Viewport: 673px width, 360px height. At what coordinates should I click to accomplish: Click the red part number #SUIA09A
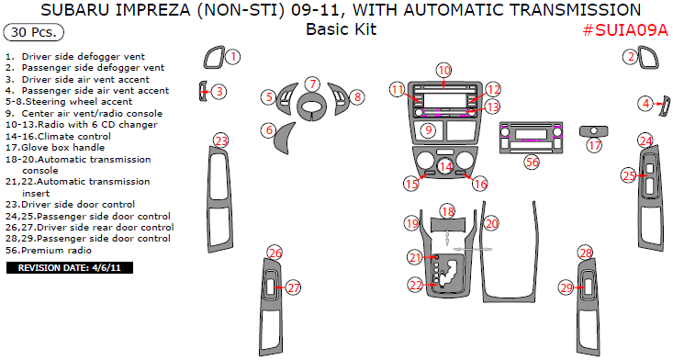pyautogui.click(x=625, y=30)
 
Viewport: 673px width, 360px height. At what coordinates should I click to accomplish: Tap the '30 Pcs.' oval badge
pyautogui.click(x=33, y=32)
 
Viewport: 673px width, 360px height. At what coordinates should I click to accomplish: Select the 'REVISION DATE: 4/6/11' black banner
pyautogui.click(x=70, y=268)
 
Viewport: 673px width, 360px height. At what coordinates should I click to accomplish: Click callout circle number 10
pyautogui.click(x=443, y=71)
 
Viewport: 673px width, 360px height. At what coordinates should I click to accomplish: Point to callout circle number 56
pyautogui.click(x=533, y=162)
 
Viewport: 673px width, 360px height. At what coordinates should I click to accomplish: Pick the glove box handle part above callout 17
pyautogui.click(x=594, y=131)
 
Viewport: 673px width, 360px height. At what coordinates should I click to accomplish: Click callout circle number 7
pyautogui.click(x=313, y=84)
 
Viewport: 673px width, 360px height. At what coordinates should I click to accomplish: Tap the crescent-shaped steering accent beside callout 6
pyautogui.click(x=285, y=138)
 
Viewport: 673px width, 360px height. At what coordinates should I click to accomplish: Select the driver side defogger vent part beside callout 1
pyautogui.click(x=214, y=57)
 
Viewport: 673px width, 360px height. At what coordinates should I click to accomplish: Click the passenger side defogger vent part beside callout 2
pyautogui.click(x=647, y=58)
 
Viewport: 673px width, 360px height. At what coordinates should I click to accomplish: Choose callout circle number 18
pyautogui.click(x=448, y=211)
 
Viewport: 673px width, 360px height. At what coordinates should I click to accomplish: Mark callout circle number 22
pyautogui.click(x=416, y=285)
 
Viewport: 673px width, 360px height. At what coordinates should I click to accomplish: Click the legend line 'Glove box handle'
pyautogui.click(x=55, y=148)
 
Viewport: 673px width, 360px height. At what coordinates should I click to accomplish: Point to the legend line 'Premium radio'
pyautogui.click(x=49, y=250)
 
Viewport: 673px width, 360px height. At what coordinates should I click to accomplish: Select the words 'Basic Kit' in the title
pyautogui.click(x=342, y=29)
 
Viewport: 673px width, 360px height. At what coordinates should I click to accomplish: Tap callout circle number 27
pyautogui.click(x=293, y=287)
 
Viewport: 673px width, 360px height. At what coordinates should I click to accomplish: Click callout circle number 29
pyautogui.click(x=566, y=287)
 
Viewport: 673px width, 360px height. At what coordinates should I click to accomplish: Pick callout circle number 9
pyautogui.click(x=428, y=130)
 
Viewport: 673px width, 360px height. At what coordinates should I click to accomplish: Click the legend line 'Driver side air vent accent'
pyautogui.click(x=78, y=79)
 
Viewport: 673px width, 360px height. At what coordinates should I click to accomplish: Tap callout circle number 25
pyautogui.click(x=629, y=175)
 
